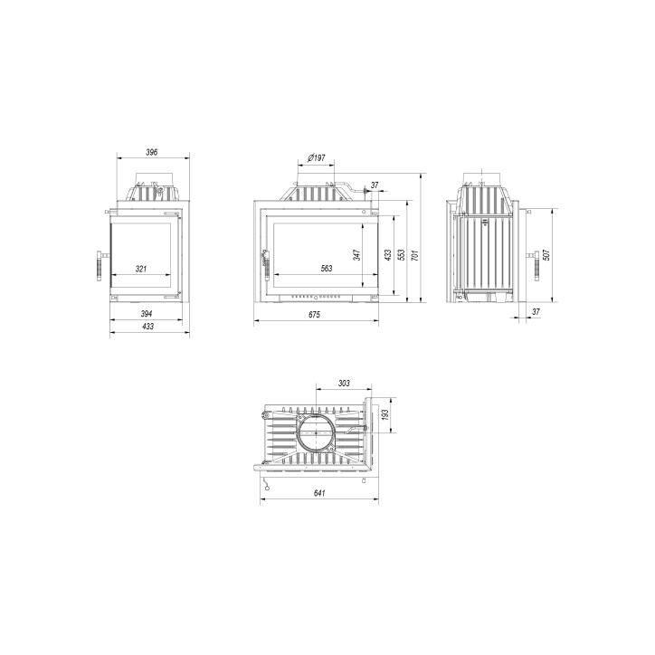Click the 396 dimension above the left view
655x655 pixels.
click(151, 152)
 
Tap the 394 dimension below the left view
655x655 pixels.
click(146, 313)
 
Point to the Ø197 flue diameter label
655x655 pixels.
click(317, 158)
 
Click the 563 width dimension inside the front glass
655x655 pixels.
click(327, 269)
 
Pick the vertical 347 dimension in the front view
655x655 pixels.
click(357, 255)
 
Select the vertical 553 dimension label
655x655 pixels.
click(401, 255)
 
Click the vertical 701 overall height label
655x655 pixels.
click(415, 255)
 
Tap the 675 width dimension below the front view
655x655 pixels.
click(314, 314)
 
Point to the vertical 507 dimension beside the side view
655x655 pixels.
click(546, 255)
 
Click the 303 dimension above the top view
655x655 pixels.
click(344, 384)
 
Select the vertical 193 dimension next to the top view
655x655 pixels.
click(385, 414)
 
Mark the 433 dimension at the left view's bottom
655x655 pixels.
click(146, 327)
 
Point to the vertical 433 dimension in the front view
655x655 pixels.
click(387, 255)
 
